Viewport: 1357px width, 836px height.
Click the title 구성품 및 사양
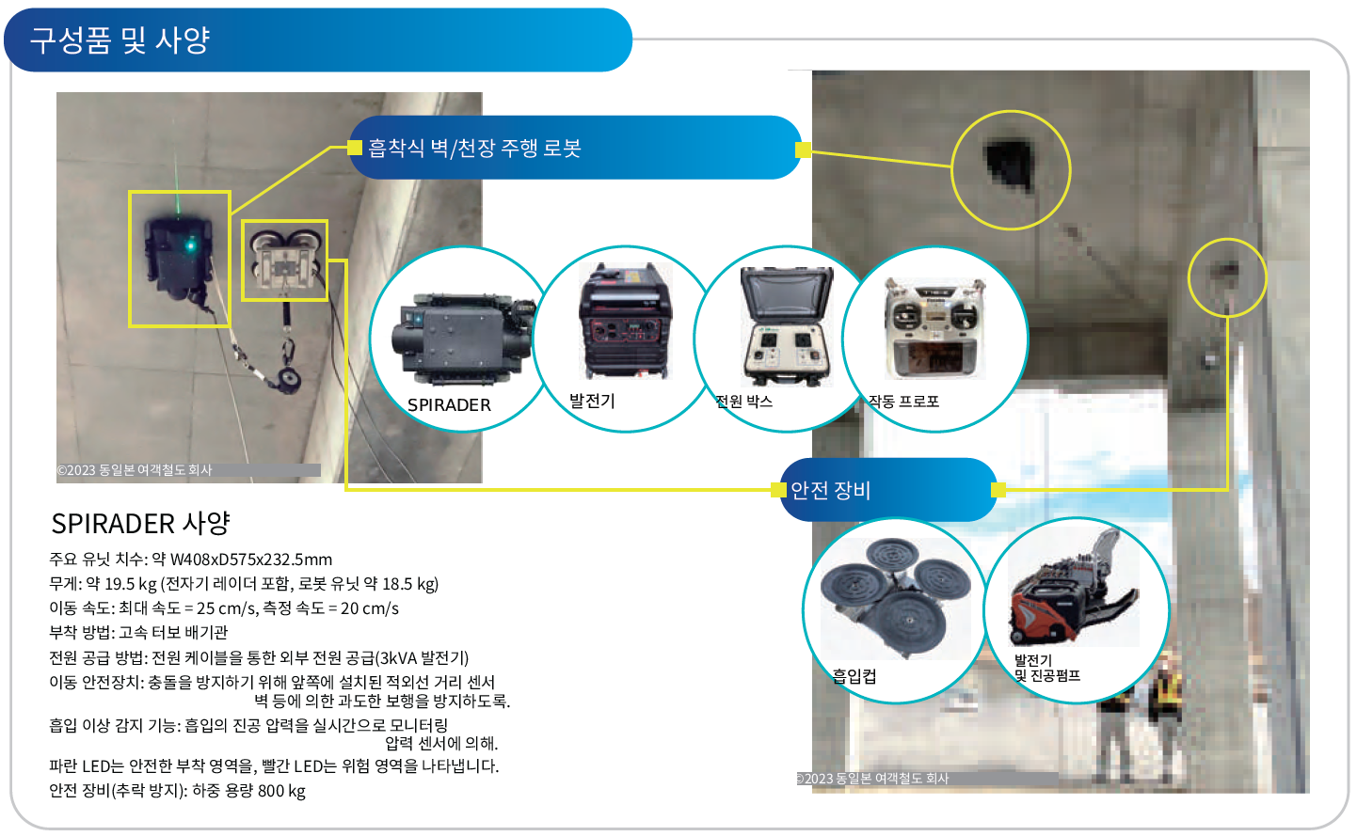click(120, 40)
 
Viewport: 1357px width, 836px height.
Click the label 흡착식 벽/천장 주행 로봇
click(474, 149)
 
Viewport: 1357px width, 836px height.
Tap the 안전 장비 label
click(831, 490)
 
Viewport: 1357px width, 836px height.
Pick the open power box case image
click(787, 326)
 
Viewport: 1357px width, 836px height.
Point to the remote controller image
click(934, 329)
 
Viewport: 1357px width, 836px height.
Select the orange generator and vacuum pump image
click(1074, 591)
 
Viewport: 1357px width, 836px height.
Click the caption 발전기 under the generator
click(592, 402)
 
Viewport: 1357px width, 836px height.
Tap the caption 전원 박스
click(743, 402)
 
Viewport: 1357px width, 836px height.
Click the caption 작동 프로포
click(903, 402)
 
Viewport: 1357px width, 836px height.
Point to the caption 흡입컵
click(854, 675)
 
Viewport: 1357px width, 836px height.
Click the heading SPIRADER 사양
click(141, 523)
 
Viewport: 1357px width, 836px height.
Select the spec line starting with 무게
click(244, 584)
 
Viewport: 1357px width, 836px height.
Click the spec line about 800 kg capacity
click(177, 791)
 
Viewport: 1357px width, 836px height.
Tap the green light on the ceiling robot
click(190, 245)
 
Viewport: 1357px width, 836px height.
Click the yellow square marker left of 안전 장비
click(778, 490)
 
